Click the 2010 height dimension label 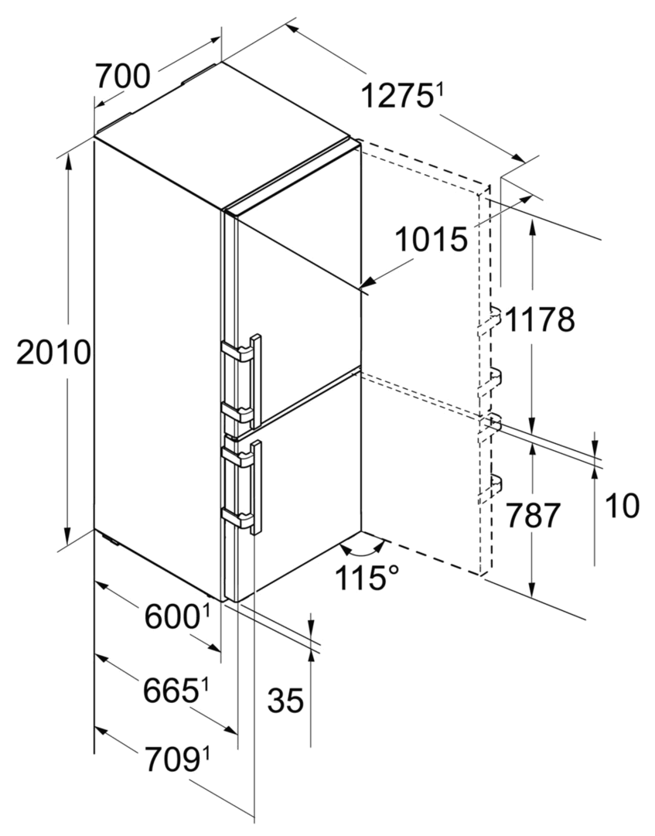pos(53,353)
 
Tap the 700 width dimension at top pos(122,75)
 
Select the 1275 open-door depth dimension pos(397,97)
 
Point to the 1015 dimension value pos(432,240)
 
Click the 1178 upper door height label pos(540,320)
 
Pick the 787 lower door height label pos(532,516)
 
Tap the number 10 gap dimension pos(622,506)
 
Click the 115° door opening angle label pos(367,578)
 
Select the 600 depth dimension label pos(172,617)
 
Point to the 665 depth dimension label pos(170,691)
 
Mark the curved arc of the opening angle pos(364,549)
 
